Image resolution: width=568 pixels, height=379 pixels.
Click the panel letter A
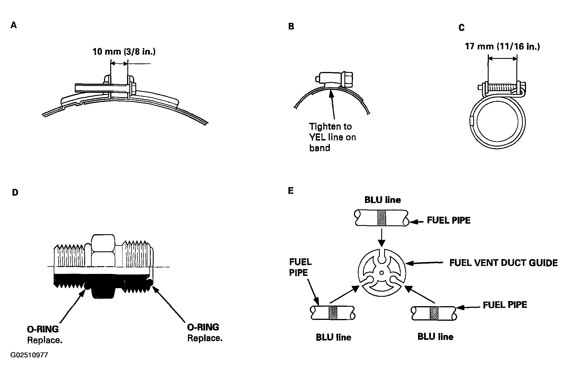14,25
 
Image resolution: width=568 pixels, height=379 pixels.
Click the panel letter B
291,27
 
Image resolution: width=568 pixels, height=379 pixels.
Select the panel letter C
461,28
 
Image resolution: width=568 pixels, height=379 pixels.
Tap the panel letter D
15,192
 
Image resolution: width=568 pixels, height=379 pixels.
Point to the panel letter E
291,190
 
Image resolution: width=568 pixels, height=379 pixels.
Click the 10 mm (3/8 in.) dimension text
124,52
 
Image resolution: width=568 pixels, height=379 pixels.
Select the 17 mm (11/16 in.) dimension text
502,46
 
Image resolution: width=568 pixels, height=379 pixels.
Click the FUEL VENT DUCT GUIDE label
503,263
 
